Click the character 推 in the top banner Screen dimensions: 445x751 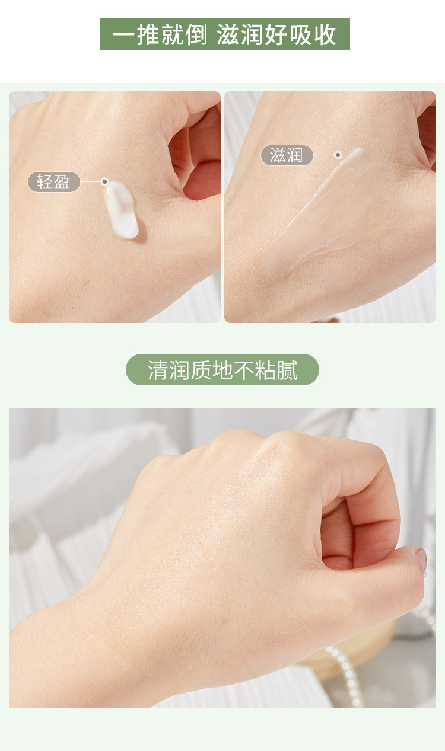[148, 34]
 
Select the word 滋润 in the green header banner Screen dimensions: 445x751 [240, 34]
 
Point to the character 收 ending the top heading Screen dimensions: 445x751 [325, 34]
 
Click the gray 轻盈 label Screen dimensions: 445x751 [53, 182]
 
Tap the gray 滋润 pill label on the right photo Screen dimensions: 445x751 [287, 155]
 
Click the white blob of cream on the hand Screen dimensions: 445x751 [121, 210]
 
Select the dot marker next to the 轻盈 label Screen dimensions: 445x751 [104, 182]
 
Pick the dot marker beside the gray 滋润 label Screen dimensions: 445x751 [338, 155]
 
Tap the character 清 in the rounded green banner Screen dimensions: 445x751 [158, 370]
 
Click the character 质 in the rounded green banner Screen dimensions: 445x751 [201, 370]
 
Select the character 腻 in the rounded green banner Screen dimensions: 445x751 [287, 370]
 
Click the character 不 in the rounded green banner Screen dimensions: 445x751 [244, 370]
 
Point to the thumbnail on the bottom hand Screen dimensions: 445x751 [421, 558]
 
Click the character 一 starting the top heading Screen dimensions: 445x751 [124, 35]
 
